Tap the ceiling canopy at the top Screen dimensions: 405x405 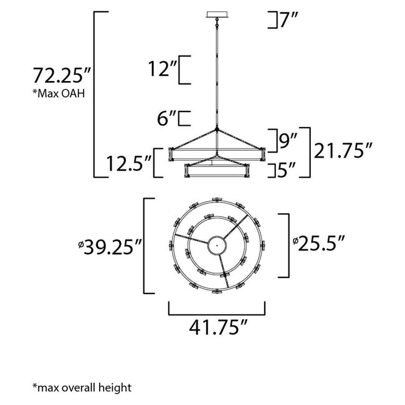tap(217, 14)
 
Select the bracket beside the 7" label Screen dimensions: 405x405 tap(271, 20)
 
